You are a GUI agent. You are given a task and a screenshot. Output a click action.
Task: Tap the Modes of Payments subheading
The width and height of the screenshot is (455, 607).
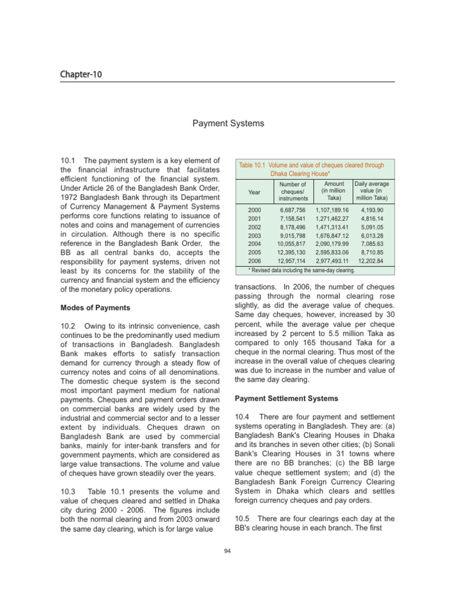tap(95, 308)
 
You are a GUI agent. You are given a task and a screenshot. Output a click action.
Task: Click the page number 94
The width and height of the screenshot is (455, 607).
tap(227, 551)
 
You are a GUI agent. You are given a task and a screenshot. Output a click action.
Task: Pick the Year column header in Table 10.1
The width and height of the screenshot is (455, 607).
tap(254, 193)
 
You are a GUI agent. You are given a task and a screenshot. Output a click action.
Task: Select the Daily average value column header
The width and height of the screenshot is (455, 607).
tap(371, 191)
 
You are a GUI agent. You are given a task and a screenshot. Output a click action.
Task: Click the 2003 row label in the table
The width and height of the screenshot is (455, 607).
tap(254, 235)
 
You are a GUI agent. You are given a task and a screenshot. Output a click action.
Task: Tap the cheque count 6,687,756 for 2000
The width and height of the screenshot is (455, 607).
tap(293, 210)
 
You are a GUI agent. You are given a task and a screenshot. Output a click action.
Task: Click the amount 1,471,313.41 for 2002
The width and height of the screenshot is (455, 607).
tap(332, 227)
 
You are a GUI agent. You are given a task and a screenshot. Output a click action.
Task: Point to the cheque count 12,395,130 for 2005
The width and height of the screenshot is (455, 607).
tap(291, 251)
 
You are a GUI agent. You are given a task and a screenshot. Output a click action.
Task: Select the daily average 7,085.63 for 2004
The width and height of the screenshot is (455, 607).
tap(371, 243)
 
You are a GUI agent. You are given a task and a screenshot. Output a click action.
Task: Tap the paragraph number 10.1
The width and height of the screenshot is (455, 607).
tap(68, 160)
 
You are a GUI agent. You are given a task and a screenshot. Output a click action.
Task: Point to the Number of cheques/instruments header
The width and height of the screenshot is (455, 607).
tap(293, 191)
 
